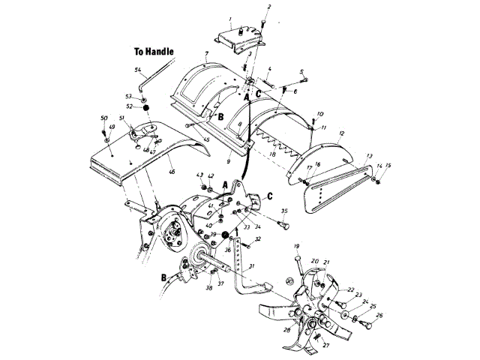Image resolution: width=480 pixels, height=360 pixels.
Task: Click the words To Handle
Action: [154, 52]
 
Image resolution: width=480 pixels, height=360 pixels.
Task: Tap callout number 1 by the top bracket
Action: [231, 17]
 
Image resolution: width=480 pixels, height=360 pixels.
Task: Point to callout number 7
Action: [205, 54]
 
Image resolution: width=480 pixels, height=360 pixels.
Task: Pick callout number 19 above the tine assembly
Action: [296, 246]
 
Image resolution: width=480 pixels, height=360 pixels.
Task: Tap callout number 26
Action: [379, 316]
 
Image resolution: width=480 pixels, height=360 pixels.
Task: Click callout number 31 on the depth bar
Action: [251, 265]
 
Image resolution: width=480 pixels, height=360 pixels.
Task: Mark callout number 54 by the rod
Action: [137, 69]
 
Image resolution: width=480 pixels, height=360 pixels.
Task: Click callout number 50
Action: [103, 118]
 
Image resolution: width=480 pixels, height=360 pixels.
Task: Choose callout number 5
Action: [301, 72]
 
